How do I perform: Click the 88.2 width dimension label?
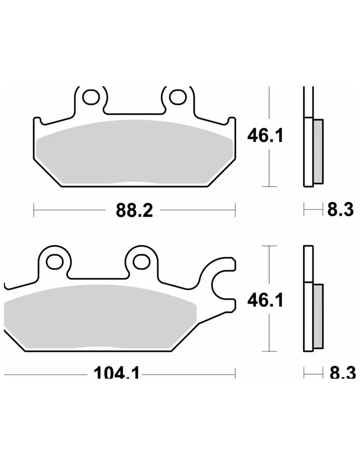134,211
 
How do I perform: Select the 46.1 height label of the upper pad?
265,135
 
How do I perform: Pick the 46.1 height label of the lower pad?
265,300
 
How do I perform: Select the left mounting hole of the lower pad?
55,262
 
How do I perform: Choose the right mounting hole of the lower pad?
141,262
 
